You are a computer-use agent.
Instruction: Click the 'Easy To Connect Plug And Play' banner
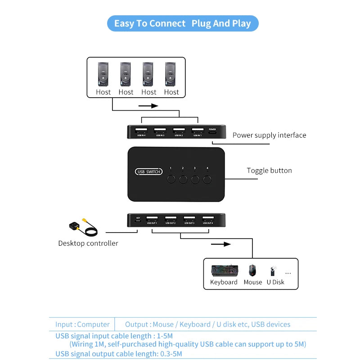click(x=182, y=23)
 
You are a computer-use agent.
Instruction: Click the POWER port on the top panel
click(x=212, y=132)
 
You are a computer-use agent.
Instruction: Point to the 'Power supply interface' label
click(x=269, y=135)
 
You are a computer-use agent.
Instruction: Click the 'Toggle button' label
click(x=269, y=171)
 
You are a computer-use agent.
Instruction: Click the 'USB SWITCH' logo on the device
click(x=148, y=172)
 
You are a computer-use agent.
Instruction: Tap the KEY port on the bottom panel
click(x=138, y=220)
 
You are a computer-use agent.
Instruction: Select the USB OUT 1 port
click(x=152, y=219)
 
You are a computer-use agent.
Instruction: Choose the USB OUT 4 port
click(x=207, y=219)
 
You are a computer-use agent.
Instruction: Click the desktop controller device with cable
click(x=81, y=228)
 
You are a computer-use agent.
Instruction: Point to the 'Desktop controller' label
click(x=88, y=243)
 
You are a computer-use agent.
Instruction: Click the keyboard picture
click(x=225, y=270)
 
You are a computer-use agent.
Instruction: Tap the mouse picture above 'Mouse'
click(x=252, y=270)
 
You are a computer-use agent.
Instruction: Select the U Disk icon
click(x=273, y=271)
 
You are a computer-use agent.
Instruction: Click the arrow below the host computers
click(x=148, y=106)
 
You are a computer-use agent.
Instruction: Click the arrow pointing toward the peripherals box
click(x=220, y=244)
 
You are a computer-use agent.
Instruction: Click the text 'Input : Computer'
click(x=82, y=324)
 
